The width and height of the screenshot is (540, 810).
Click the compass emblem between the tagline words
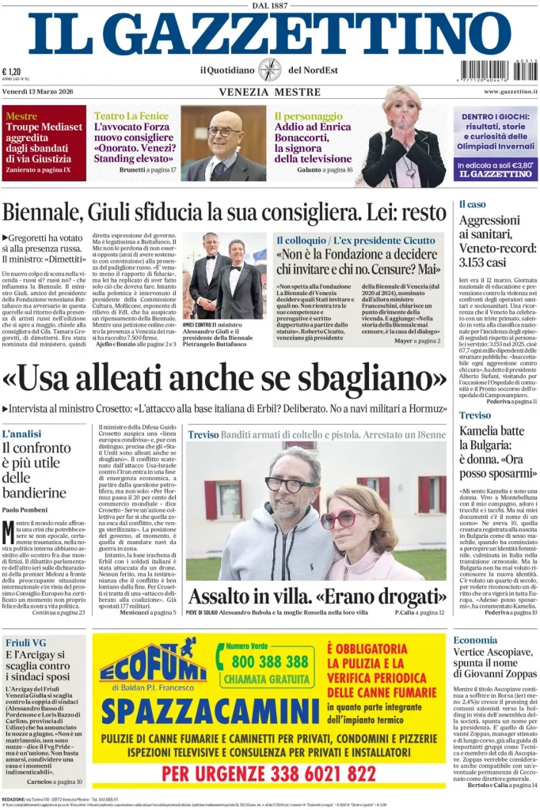coord(269,70)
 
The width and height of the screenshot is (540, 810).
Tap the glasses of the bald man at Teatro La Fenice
coord(224,131)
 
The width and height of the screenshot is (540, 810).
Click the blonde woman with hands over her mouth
coord(402,138)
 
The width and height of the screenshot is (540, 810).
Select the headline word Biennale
coord(48,213)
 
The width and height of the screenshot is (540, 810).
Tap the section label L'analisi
coord(21,434)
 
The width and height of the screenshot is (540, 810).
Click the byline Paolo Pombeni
coord(25,509)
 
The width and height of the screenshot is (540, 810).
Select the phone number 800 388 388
coord(271,660)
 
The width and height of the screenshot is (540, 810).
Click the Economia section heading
coord(475,640)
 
